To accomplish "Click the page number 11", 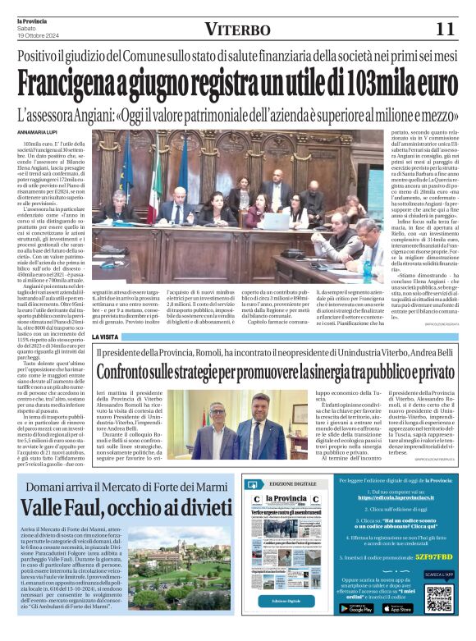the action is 445,29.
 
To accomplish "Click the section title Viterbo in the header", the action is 237,30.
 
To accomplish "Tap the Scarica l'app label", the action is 439,575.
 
